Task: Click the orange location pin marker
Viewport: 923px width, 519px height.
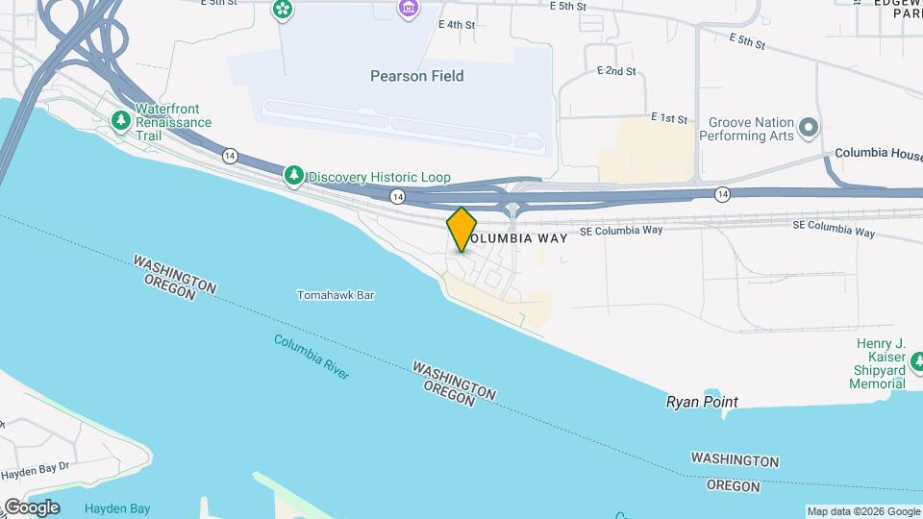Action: click(x=462, y=230)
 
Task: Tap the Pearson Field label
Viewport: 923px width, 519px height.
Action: click(x=417, y=76)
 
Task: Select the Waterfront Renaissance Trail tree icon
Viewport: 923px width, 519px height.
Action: click(x=121, y=120)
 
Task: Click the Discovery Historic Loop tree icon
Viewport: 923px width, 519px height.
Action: click(x=293, y=177)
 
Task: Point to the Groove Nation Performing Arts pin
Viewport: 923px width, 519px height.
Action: click(x=809, y=128)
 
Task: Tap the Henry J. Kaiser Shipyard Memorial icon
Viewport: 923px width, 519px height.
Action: click(x=916, y=362)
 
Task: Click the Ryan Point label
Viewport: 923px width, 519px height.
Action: click(x=702, y=401)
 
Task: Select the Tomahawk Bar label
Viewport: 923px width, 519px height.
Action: click(x=335, y=295)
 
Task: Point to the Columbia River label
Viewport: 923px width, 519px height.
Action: click(x=312, y=357)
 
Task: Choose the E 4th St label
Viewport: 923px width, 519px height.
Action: click(x=456, y=24)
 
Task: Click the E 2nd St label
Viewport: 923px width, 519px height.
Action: click(x=616, y=71)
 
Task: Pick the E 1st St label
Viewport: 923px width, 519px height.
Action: click(x=669, y=118)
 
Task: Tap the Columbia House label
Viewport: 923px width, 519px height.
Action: click(x=878, y=153)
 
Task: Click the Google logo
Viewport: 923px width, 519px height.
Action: click(x=31, y=507)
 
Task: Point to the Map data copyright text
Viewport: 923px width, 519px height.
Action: click(x=863, y=511)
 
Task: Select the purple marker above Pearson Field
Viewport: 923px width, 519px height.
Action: click(x=409, y=9)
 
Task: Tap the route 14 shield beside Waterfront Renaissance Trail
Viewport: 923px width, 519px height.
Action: click(x=229, y=155)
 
